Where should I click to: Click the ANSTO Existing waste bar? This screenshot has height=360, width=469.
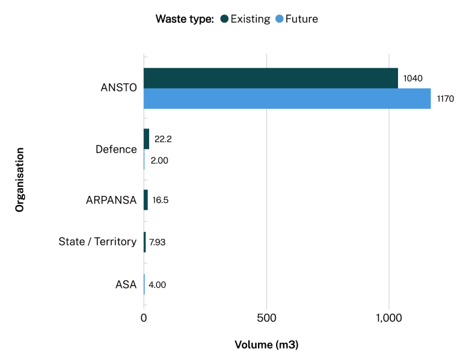[271, 78]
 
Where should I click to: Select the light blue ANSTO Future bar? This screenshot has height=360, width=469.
[287, 99]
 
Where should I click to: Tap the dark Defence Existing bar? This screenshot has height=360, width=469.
[146, 139]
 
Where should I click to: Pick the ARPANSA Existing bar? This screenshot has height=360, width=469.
[146, 200]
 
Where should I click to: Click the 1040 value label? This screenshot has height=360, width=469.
[413, 78]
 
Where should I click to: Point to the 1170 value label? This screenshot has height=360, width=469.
[446, 99]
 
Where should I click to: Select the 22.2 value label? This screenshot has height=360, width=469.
[164, 139]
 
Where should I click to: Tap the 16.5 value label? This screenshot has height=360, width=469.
[161, 200]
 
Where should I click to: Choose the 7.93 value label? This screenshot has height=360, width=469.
[157, 242]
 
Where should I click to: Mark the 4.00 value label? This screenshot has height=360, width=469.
[157, 284]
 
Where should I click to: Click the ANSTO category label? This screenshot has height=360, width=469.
[119, 88]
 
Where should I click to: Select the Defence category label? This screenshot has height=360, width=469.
[116, 149]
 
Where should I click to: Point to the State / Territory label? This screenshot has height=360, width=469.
[97, 242]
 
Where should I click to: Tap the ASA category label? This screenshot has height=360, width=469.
[126, 284]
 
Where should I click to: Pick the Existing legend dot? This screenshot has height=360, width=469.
[225, 19]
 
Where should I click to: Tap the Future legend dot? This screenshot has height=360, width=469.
[279, 19]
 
